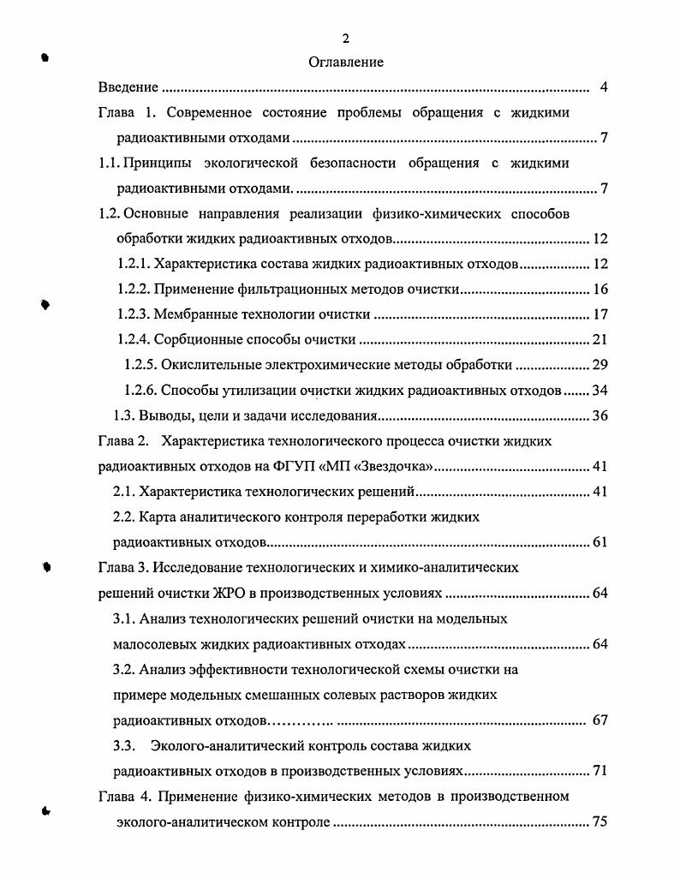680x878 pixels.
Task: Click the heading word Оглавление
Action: (345, 62)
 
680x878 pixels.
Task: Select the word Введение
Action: (128, 87)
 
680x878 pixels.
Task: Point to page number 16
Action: (599, 290)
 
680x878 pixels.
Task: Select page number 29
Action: (599, 365)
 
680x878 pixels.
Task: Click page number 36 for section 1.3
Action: (599, 416)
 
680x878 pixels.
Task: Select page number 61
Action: (599, 542)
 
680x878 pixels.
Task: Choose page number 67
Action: (599, 720)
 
